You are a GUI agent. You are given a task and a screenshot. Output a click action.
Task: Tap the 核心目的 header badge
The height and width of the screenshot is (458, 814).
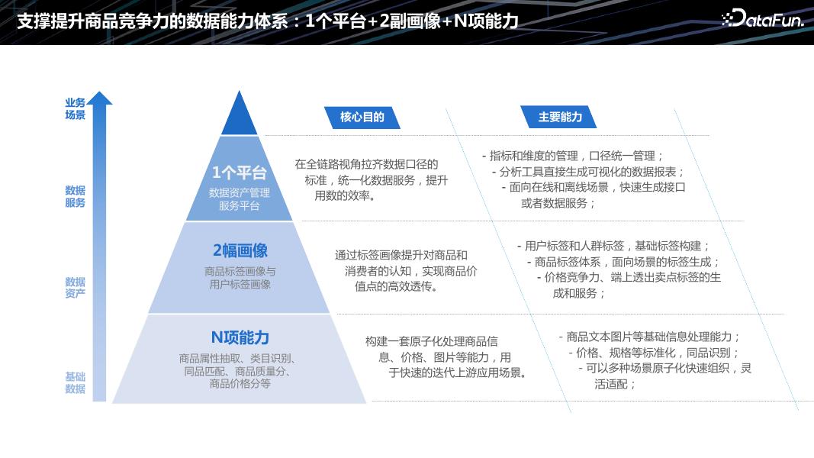[x=362, y=117]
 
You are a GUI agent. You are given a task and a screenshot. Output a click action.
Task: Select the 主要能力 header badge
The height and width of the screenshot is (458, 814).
[x=560, y=117]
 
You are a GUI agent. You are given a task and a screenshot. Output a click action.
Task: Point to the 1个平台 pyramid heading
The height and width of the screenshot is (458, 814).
[x=240, y=173]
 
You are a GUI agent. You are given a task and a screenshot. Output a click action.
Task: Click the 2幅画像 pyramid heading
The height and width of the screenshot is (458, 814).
[x=240, y=251]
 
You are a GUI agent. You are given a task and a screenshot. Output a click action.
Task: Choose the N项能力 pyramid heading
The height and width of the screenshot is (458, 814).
[x=240, y=337]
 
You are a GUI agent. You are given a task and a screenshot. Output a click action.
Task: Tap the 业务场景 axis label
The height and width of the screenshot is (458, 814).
[x=75, y=109]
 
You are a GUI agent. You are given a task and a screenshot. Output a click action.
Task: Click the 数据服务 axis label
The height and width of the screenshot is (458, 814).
[x=75, y=196]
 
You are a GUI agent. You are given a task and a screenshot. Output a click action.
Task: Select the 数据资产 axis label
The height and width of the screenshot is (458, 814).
[x=75, y=287]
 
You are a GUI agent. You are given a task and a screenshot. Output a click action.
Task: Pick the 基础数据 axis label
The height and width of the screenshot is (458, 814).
[x=75, y=382]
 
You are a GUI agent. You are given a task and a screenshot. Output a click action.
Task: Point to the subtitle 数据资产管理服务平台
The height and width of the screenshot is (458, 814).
[x=240, y=199]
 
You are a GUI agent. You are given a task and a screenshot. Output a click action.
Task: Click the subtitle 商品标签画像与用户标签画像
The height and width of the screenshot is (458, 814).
[x=240, y=278]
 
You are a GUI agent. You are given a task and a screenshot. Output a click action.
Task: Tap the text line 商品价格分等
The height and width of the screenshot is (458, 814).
[x=240, y=384]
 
